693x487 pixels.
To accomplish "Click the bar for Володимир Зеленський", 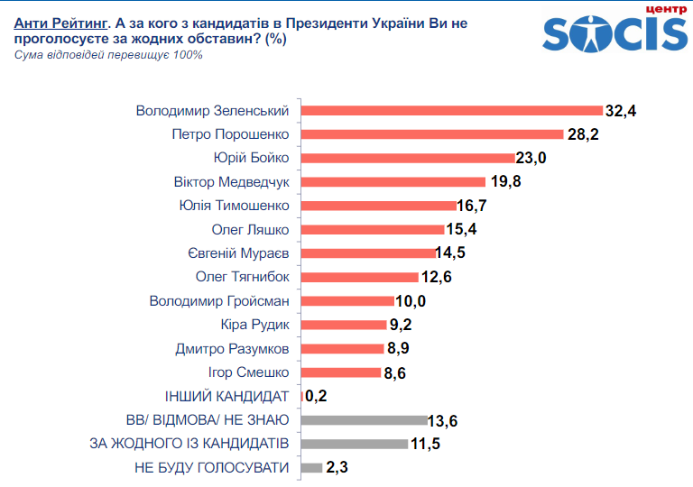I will click(450, 111).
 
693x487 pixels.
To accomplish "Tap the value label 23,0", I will click(531, 158).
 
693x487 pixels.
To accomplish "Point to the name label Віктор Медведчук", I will click(231, 181).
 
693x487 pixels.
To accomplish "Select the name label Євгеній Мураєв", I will click(238, 253).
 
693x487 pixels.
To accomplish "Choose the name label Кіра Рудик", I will click(254, 324).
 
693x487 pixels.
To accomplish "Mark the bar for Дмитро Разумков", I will click(342, 348).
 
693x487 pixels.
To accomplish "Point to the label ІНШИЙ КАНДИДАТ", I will click(226, 395).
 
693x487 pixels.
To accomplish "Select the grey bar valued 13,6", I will click(363, 419).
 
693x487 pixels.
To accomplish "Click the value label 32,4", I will click(621, 111).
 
